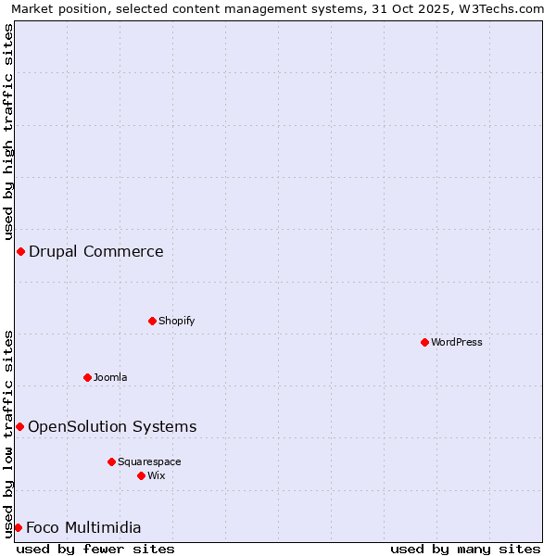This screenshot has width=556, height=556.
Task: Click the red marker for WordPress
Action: point(424,342)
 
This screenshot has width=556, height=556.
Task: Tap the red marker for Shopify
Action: point(152,321)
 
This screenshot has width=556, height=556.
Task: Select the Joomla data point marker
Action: point(87,377)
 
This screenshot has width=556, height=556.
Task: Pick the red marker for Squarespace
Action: point(111,461)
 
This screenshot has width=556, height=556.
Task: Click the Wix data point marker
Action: point(141,475)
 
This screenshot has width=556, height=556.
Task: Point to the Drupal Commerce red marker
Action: point(20,251)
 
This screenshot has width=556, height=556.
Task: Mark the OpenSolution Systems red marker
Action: point(19,426)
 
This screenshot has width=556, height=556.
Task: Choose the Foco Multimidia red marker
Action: point(18,527)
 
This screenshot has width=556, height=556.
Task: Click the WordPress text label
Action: point(457,342)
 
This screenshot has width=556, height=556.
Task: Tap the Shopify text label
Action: point(176,321)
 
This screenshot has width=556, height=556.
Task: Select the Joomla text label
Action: point(110,377)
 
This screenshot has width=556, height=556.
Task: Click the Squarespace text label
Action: point(149,461)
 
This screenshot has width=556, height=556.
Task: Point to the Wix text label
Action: point(156,475)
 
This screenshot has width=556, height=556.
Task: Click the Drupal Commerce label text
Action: point(96,251)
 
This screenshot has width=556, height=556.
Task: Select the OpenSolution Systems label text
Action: point(112,426)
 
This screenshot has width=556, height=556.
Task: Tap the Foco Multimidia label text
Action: point(83,527)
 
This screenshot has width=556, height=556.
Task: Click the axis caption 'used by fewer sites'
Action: point(95,549)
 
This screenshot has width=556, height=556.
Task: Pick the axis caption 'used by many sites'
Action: point(465,549)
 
